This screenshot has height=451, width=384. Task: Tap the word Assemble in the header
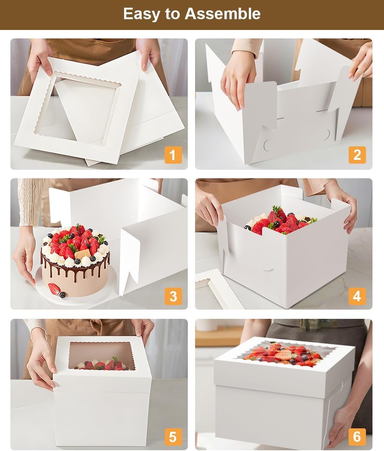pos(222,13)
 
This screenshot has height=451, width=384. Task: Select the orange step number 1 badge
pos(173,155)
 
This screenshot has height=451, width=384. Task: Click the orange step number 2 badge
pos(357,155)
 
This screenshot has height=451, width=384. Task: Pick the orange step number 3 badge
pos(173,296)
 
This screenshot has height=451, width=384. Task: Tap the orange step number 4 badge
pos(357,296)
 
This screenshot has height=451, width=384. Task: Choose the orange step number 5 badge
pos(173,437)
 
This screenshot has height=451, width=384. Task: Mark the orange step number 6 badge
pos(357,437)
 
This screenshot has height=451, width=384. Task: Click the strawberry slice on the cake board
pos(53,288)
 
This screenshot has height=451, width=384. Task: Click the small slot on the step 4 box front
pos(268,270)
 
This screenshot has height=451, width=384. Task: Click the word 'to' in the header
pos(172,14)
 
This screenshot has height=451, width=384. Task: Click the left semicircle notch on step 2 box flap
pos(267,146)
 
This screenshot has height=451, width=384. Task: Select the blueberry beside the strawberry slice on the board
pos(62,295)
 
